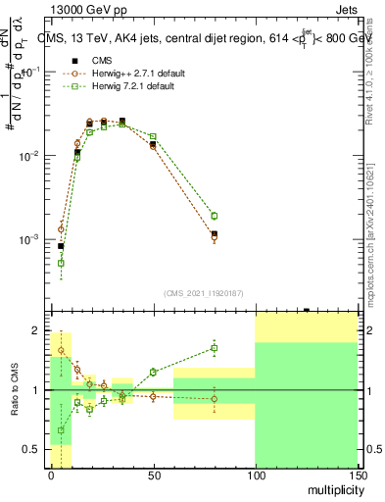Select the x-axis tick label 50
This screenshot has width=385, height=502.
tap(153, 476)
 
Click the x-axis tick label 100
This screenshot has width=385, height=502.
tap(255, 476)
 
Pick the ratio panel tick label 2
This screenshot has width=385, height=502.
tap(35, 329)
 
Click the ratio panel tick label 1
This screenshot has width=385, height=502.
tap(35, 390)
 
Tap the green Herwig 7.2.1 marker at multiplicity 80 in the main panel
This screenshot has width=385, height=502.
tap(214, 216)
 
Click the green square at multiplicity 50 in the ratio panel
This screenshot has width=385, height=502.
tap(153, 373)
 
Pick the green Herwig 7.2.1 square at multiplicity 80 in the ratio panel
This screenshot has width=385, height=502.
tap(214, 348)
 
